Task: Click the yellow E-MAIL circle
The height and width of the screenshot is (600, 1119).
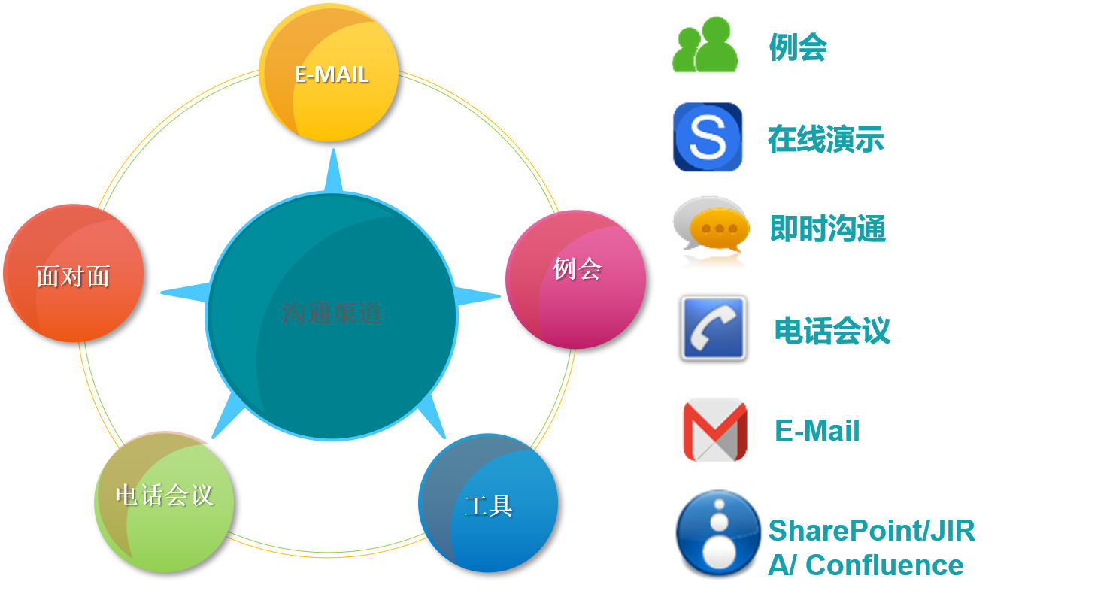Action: coord(329,72)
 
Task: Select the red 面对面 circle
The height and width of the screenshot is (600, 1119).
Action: coord(73,274)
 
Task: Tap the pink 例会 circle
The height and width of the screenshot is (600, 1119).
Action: coord(575,279)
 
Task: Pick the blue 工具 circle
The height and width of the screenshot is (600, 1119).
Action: coord(488,503)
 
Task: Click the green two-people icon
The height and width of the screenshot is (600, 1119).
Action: coord(705,46)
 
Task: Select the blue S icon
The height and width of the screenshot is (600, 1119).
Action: coord(708,137)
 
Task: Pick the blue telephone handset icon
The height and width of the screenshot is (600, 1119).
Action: coord(713,328)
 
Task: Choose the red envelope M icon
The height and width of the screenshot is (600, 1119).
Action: coord(714,429)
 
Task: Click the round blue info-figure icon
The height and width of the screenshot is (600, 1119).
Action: coord(719,535)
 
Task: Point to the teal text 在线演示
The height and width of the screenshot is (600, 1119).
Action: coord(826,139)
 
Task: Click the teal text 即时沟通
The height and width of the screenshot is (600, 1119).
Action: coord(828,229)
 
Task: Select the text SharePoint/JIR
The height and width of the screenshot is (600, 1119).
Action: coord(872,531)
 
